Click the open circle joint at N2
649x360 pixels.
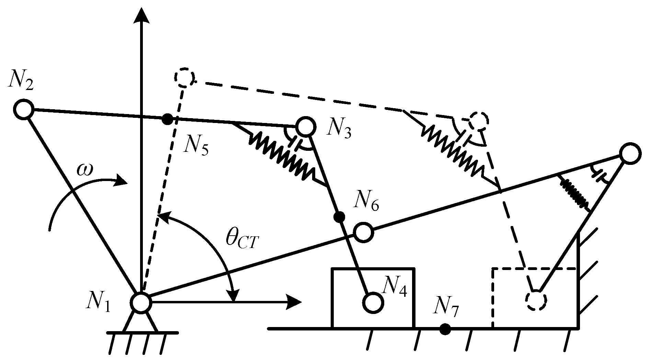[23, 110]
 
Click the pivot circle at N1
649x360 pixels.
[141, 303]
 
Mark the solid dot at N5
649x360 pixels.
[167, 119]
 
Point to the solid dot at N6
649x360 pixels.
[339, 216]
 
